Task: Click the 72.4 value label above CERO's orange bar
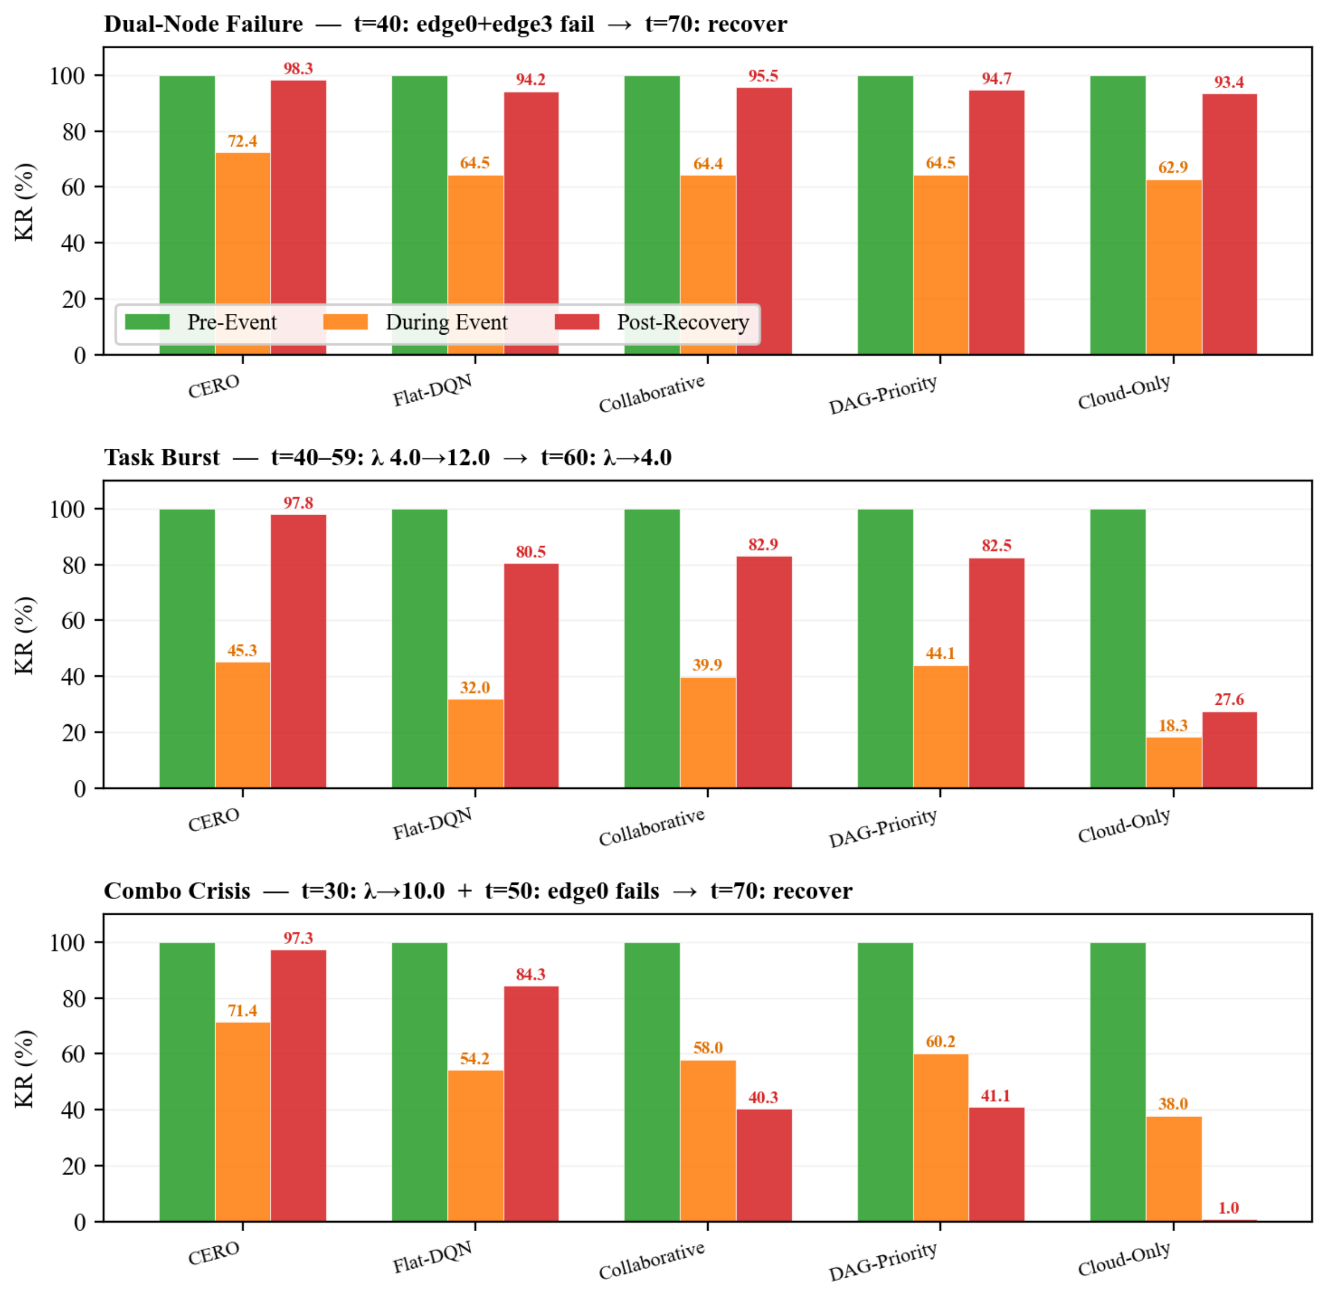pos(242,141)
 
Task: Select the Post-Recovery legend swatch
pos(577,322)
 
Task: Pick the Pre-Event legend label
pos(232,322)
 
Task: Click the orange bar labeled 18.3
pos(1173,763)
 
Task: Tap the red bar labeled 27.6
pos(1230,750)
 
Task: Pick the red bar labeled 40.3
pos(764,1165)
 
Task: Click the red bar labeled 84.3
pos(532,1104)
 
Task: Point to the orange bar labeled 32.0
pos(475,743)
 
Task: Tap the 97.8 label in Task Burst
pos(298,502)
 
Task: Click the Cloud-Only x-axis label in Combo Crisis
pos(1124,1259)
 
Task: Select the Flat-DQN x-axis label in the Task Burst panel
pos(432,824)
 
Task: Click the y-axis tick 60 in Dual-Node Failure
pos(73,187)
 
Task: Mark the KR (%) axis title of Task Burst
pos(25,635)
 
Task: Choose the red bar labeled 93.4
pos(1230,224)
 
